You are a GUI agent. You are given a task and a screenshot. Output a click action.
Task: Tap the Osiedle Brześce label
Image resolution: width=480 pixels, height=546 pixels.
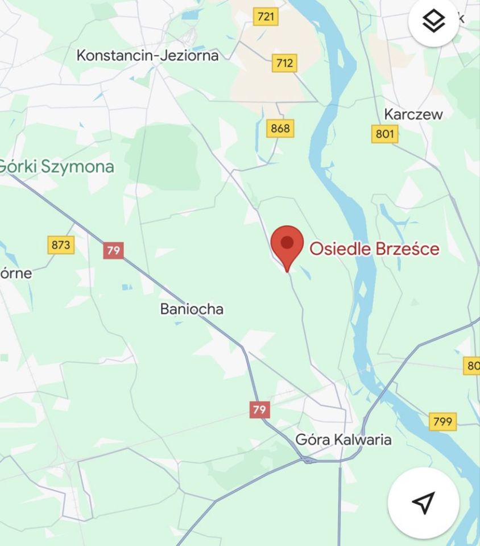coord(374,249)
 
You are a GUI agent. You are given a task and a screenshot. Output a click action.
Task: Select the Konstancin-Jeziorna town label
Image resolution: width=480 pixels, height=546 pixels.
coord(147,55)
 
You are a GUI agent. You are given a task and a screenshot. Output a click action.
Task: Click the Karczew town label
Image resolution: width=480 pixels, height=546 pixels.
coord(413,114)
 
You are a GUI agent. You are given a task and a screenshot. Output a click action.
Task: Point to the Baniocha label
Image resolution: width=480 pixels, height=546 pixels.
coord(192,309)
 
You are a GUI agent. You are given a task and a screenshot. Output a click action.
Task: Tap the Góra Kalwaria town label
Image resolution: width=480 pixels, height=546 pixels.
coord(344,440)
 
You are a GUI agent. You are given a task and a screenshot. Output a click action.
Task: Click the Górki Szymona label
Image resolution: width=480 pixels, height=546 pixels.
coord(57,167)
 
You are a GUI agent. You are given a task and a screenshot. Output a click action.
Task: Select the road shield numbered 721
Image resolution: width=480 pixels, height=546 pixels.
coord(266,16)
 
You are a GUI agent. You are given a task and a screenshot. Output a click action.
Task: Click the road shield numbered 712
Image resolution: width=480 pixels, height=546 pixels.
coord(284,63)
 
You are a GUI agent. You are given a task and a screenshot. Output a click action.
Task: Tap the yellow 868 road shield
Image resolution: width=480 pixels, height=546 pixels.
coord(280,129)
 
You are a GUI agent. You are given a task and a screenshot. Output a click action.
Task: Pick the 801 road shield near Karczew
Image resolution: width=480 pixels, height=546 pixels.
coord(385,134)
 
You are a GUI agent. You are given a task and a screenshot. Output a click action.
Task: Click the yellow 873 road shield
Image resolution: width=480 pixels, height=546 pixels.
coord(60,245)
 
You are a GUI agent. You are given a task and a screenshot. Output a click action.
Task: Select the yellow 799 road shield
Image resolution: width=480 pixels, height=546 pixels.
coord(442,421)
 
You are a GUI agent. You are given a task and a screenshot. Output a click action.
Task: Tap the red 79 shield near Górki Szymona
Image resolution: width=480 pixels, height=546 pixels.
coord(113,250)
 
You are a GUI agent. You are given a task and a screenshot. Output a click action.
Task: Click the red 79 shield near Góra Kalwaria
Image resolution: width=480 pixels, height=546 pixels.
coord(259,409)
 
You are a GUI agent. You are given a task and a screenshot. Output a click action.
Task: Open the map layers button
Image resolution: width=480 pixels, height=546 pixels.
coord(434,22)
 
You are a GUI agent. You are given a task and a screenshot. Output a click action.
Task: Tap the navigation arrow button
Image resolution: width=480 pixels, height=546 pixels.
coord(423,503)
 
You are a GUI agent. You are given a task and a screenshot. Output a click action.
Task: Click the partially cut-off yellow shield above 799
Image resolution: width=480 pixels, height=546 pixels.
coord(472,366)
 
